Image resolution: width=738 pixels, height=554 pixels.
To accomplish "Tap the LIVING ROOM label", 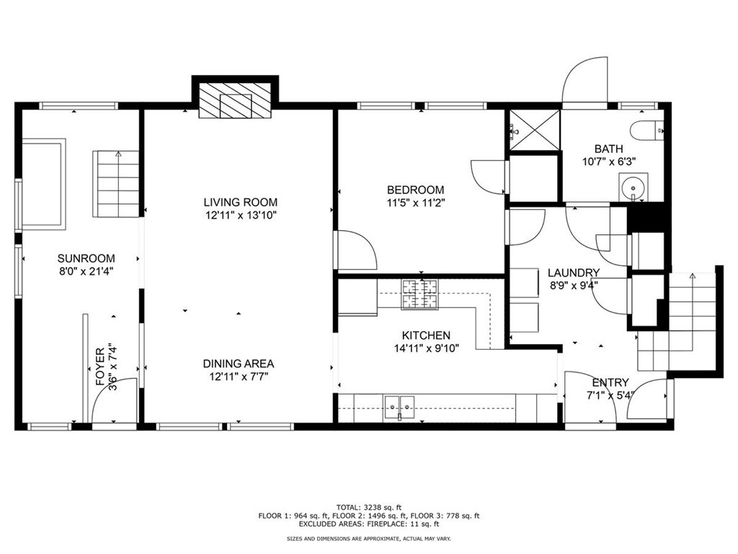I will (x=240, y=203).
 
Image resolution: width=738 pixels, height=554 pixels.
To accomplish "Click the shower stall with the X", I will (x=535, y=130).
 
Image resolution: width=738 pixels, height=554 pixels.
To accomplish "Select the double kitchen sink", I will (x=398, y=408).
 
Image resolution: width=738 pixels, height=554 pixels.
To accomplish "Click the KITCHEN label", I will (x=427, y=335).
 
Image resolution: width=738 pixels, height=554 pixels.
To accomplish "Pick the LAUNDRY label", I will (x=574, y=273).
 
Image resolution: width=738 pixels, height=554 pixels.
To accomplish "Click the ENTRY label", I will (x=610, y=382).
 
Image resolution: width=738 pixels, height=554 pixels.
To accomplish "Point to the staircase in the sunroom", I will (x=116, y=185).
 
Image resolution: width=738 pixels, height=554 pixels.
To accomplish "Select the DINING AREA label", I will (x=238, y=364).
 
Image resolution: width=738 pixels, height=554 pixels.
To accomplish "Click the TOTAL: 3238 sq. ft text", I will (x=369, y=506).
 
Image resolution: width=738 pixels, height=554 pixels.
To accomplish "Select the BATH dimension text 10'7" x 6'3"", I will (x=609, y=162).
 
